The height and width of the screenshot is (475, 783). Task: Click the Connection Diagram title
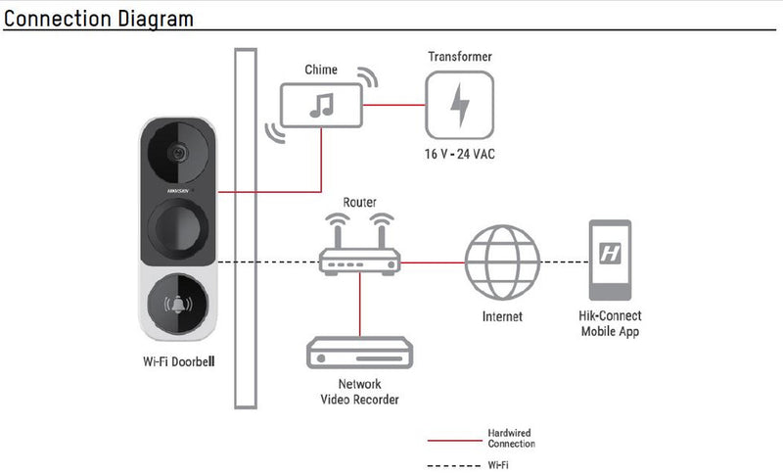(x=99, y=18)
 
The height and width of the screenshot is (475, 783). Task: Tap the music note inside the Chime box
(x=320, y=104)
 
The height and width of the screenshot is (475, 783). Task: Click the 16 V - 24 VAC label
(x=458, y=155)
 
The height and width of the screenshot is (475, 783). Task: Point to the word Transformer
(x=459, y=57)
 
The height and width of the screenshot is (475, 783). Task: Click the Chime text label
(x=321, y=70)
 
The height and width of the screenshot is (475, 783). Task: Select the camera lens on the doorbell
(x=177, y=153)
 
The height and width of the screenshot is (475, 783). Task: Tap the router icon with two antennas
(x=360, y=250)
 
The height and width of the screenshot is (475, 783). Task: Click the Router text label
(x=359, y=203)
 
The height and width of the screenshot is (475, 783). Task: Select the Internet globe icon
(x=502, y=261)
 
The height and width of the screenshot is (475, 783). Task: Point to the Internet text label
(x=502, y=316)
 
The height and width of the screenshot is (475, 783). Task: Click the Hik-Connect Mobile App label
(x=610, y=324)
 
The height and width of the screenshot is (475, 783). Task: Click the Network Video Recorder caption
(x=360, y=392)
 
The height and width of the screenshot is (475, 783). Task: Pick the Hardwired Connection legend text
(x=510, y=438)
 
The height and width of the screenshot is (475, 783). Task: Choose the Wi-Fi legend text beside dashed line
(x=498, y=465)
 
